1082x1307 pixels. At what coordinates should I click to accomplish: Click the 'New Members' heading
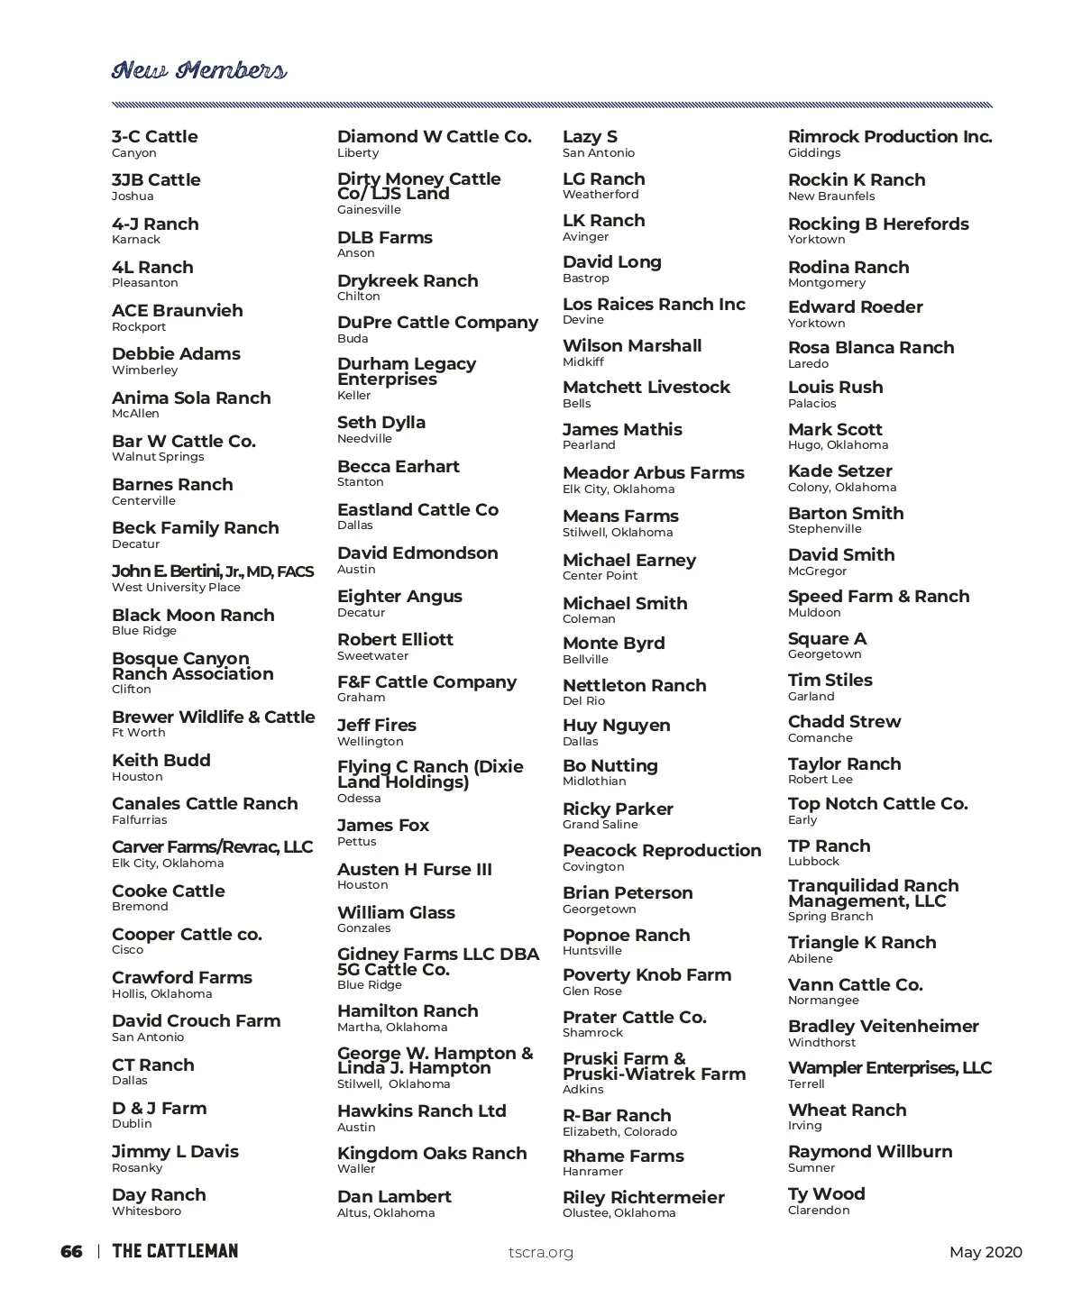(x=199, y=70)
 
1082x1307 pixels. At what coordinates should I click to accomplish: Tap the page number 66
(x=71, y=1251)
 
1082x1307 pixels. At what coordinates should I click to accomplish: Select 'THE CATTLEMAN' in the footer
(x=175, y=1251)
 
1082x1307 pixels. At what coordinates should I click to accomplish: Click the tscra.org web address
(x=541, y=1252)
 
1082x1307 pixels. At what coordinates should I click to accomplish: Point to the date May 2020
(x=986, y=1252)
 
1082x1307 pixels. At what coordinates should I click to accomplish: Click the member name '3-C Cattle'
(x=154, y=137)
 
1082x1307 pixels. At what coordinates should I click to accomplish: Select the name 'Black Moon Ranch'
(x=193, y=615)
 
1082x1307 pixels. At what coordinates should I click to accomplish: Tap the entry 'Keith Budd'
(x=161, y=761)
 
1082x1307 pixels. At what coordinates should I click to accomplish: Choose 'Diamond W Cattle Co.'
(x=435, y=137)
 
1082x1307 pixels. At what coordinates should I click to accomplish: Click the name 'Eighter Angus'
(x=399, y=597)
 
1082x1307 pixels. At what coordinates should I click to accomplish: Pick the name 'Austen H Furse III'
(x=415, y=870)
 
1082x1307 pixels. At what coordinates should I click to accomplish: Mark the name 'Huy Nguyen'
(x=617, y=726)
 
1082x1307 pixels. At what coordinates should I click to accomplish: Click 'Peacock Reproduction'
(x=662, y=851)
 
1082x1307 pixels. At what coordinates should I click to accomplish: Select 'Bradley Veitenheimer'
(x=884, y=1027)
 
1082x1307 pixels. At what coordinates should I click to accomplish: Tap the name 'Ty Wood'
(x=827, y=1194)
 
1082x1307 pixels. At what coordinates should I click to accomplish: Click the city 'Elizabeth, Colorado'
(x=619, y=1132)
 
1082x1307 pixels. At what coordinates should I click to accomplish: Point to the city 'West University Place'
(x=176, y=588)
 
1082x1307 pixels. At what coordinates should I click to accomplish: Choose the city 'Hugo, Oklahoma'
(x=838, y=445)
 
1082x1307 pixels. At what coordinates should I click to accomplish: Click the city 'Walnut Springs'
(x=158, y=457)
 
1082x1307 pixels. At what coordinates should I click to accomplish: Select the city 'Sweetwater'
(x=372, y=656)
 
